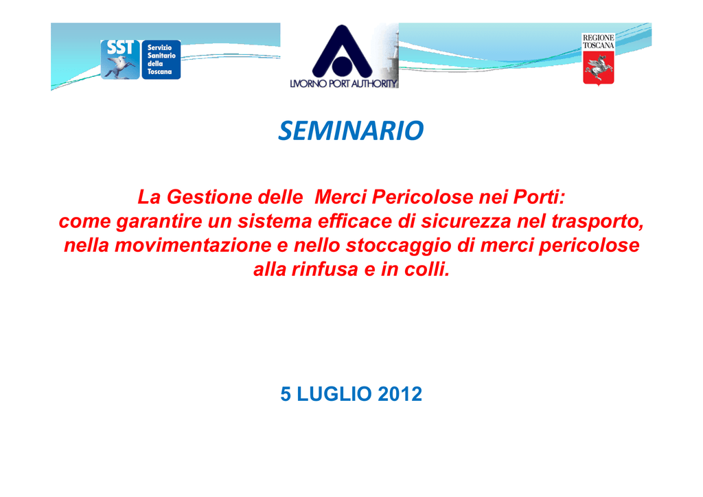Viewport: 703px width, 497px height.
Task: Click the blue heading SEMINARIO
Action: coord(351,130)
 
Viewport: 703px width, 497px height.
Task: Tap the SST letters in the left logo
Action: coord(119,47)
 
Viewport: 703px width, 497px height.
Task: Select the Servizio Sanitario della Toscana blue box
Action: coord(161,60)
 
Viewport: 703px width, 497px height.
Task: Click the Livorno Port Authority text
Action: coord(343,83)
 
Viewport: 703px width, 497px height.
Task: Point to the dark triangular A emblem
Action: coord(342,51)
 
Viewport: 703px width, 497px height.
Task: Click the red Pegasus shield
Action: coord(599,68)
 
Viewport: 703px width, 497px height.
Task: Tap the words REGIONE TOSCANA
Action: coord(599,42)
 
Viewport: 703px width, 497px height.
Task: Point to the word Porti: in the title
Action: coord(539,197)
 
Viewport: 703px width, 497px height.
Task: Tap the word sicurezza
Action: coord(466,222)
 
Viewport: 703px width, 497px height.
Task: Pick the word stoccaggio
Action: coord(399,246)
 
